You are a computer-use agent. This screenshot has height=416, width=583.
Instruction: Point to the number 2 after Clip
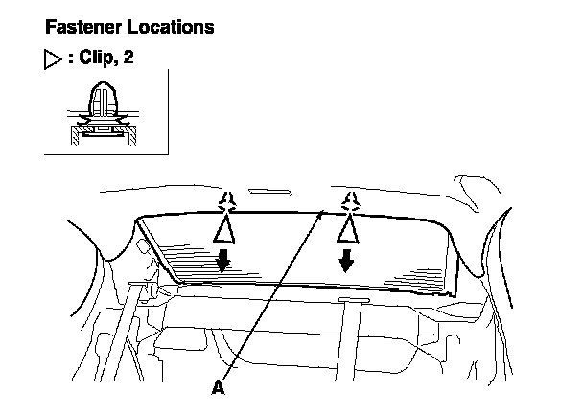pos(128,58)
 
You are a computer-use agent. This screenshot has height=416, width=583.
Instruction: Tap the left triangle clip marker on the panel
pos(223,230)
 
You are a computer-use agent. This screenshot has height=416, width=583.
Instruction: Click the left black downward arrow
pos(223,261)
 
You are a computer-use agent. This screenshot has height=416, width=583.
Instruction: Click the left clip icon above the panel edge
pos(226,201)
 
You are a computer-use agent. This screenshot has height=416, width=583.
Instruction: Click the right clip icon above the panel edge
pos(350,200)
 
